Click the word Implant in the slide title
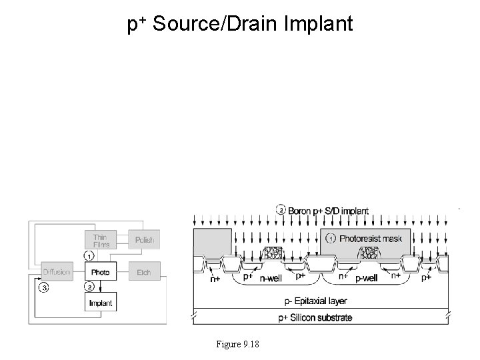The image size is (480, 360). (x=319, y=25)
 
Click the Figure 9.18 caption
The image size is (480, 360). (x=238, y=343)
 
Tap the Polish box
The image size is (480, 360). (x=144, y=240)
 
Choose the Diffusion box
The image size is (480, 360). (x=57, y=272)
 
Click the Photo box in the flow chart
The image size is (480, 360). (x=100, y=272)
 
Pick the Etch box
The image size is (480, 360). (x=144, y=272)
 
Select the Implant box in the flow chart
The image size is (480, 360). (x=100, y=303)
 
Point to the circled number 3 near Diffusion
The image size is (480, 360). (x=44, y=288)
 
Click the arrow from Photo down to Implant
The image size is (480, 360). (x=100, y=286)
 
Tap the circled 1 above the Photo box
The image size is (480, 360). (x=88, y=255)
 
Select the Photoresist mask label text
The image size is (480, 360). (x=371, y=238)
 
